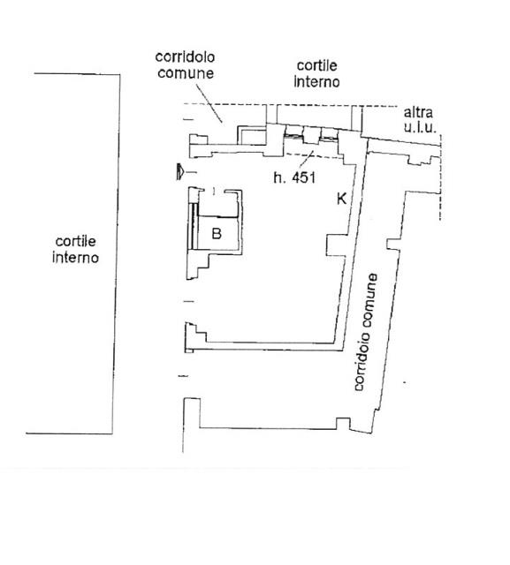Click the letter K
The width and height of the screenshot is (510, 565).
tap(341, 199)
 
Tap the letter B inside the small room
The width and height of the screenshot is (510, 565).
tap(217, 233)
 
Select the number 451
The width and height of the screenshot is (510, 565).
tap(303, 177)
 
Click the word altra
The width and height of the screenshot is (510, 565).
tap(418, 112)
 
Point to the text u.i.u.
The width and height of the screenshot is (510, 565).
tap(420, 127)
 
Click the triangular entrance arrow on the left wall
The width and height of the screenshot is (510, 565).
tap(179, 171)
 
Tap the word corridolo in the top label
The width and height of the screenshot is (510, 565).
tap(185, 56)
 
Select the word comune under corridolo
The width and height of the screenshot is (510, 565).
tap(186, 73)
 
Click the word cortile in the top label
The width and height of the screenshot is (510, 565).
tap(316, 65)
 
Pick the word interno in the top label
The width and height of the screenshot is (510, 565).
tap(316, 82)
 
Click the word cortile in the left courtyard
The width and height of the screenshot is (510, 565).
tap(76, 241)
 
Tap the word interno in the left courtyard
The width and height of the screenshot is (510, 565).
tap(75, 258)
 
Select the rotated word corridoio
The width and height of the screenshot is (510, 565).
tap(361, 361)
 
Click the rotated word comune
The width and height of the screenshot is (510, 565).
tap(370, 301)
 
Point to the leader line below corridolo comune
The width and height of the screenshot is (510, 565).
tap(209, 104)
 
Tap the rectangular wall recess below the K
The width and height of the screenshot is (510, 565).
tap(336, 245)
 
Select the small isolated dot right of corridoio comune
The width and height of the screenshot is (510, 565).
tap(404, 382)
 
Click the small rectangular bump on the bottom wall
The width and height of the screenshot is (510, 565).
tap(343, 423)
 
